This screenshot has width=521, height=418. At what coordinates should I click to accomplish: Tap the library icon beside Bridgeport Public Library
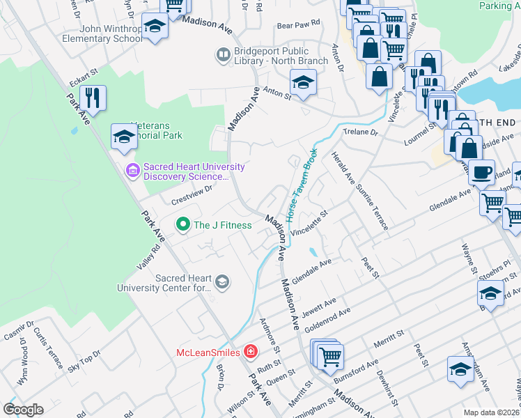coord(223,54)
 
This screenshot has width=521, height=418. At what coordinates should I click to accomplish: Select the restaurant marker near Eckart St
coord(93,97)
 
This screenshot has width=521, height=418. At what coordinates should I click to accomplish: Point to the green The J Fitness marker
coord(183,224)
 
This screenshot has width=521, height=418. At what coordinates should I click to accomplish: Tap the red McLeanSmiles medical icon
coord(249,353)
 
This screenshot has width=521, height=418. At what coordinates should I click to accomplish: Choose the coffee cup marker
coord(481,171)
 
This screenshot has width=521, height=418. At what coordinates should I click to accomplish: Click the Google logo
coord(23,410)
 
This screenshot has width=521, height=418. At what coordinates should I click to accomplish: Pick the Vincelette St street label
coord(309,225)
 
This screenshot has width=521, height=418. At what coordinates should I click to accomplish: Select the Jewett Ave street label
coord(320,306)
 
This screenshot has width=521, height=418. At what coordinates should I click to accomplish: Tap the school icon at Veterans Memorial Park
coord(123,137)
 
